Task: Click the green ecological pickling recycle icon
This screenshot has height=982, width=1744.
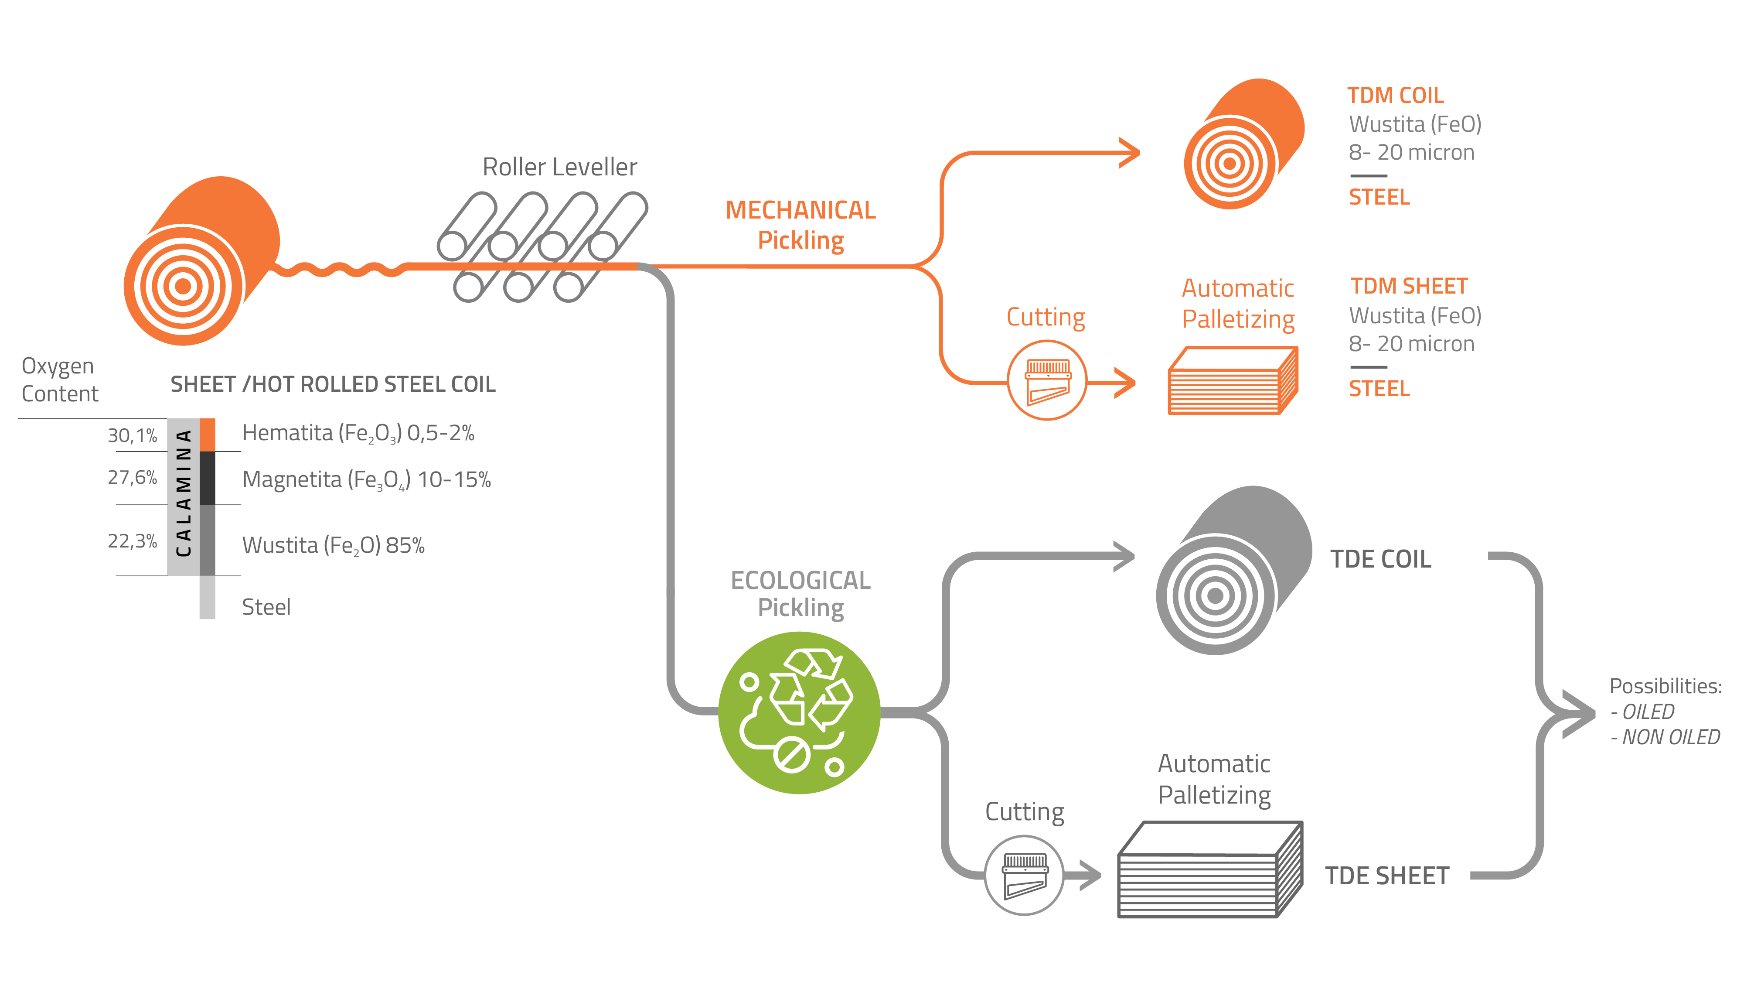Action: [x=799, y=712]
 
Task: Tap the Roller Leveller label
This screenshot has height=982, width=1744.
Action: [x=559, y=167]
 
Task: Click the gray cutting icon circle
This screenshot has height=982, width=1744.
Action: [x=1024, y=875]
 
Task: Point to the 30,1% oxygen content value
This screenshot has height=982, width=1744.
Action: [x=132, y=435]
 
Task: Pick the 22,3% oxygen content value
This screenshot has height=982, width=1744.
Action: [x=132, y=541]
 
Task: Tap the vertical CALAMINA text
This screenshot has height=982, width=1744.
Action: [x=184, y=493]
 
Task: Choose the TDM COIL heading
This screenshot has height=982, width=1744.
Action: [x=1395, y=96]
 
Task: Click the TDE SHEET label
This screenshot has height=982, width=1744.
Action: [x=1386, y=876]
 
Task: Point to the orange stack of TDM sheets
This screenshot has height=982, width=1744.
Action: [x=1232, y=381]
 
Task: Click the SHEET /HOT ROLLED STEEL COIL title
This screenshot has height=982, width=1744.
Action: [x=332, y=385]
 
